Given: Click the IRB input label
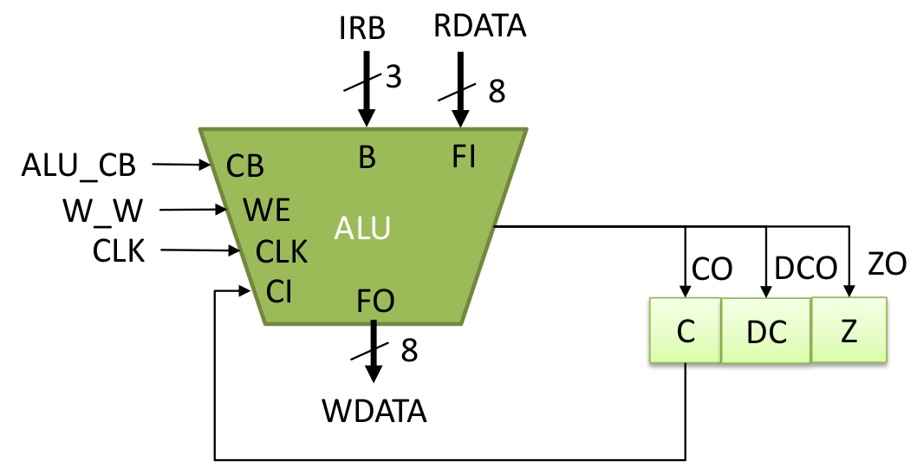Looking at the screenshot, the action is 362,28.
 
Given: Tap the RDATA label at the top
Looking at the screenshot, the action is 479,26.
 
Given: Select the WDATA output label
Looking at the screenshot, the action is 374,412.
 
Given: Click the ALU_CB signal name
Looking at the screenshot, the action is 78,166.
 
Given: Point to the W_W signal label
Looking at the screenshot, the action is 102,211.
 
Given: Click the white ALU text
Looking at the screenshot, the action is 362,228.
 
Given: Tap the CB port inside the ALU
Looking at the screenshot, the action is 245,166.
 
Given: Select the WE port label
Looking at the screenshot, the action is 267,210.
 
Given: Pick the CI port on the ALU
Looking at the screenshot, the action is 279,291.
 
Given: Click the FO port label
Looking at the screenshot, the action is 375,301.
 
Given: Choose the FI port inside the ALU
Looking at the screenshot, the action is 464,157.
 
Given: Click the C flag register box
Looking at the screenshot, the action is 685,330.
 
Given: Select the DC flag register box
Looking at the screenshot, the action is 766,331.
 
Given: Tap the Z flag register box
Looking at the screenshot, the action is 849,329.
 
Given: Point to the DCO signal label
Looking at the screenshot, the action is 805,269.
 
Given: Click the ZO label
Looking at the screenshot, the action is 887,264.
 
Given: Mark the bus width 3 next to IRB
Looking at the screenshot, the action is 393,76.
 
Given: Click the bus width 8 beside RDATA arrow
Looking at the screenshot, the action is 497,91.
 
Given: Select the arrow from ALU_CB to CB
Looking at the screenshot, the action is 181,165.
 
